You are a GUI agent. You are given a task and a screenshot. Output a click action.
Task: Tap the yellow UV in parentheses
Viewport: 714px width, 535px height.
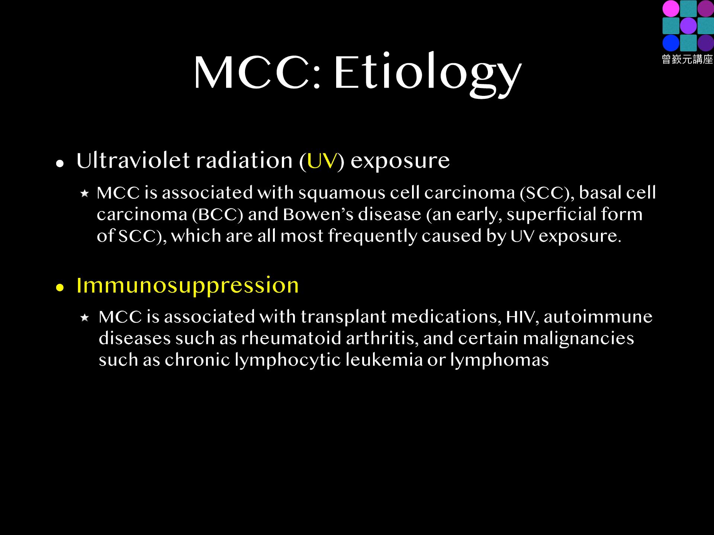[x=322, y=161]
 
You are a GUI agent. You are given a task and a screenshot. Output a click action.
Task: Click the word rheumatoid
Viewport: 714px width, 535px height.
[x=291, y=338]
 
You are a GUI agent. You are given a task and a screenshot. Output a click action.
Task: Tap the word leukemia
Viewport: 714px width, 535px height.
[x=384, y=360]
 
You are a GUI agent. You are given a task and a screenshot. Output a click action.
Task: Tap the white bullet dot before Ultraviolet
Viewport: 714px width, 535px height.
[x=60, y=163]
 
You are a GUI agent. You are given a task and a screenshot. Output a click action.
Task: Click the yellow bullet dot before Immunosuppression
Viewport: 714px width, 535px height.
[x=60, y=288]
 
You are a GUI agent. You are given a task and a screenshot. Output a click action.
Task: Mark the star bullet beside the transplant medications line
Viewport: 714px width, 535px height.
[x=85, y=318]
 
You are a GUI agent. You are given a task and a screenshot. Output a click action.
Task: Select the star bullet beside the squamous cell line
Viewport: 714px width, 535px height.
[x=85, y=193]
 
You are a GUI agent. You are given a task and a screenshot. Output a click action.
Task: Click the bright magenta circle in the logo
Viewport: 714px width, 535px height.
[x=671, y=9]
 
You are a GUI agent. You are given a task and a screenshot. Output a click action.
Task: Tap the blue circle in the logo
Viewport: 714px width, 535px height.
[x=671, y=43]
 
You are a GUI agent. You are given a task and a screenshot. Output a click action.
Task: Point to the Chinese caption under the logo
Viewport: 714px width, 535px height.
[x=688, y=59]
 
